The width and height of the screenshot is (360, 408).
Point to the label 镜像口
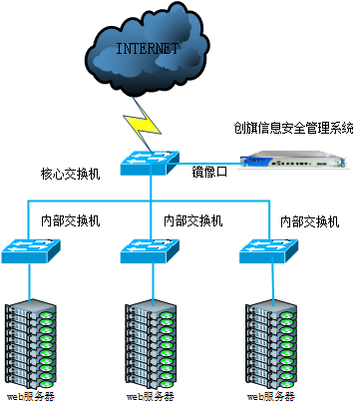point(210,172)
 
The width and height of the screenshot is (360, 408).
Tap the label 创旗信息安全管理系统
point(293,128)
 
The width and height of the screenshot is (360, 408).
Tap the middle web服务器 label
point(150,397)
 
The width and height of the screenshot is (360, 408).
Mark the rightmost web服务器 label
point(270,397)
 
